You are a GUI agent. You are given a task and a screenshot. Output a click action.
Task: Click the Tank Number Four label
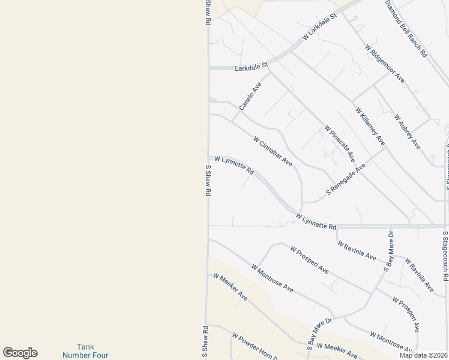coord(85,351)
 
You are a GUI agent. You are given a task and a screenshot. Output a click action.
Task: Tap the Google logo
coord(20,353)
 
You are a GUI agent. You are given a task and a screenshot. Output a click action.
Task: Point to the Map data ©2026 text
coord(424,355)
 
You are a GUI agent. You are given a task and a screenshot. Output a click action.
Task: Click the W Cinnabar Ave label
coord(273,151)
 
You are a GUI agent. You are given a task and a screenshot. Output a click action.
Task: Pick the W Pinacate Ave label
coord(340,143)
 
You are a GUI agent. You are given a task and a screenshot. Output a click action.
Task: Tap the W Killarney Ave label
coord(370,127)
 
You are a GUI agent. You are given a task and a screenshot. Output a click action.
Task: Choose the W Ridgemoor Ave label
coord(385,65)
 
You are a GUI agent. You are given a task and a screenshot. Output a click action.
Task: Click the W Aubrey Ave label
coord(407,131)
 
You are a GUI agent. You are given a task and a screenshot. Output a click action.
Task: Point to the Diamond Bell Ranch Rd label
coord(406,28)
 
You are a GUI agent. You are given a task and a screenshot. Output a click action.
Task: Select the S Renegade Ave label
coord(346,179)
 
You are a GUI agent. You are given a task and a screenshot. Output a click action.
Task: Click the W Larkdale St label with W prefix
coord(320,28)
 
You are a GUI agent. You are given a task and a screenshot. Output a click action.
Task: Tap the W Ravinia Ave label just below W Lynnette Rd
coord(357,251)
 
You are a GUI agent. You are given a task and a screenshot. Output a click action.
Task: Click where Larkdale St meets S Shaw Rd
coord(209,68)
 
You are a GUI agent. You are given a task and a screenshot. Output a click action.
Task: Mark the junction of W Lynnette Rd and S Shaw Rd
coord(209,158)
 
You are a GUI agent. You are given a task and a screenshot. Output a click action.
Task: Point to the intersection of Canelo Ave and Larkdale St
coord(268,67)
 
